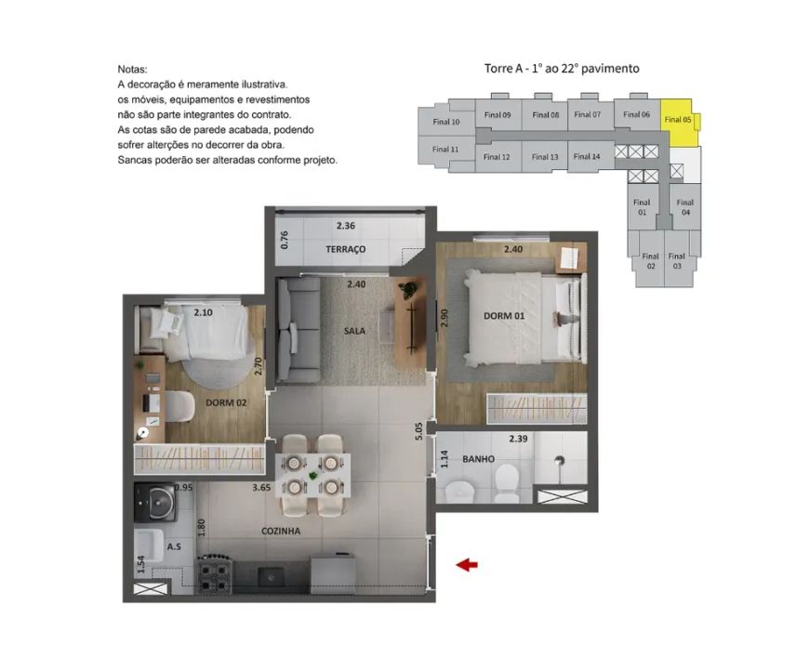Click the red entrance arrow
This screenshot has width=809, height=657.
point(467,565)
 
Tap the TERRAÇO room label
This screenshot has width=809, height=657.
point(345,249)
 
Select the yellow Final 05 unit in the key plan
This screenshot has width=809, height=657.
point(679,123)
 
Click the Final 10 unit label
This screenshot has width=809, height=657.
point(445,122)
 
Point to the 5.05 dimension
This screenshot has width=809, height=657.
point(418,430)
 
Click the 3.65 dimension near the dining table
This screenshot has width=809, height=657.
point(261,487)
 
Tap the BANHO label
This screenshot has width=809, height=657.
point(478,458)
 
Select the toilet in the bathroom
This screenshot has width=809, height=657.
point(506,482)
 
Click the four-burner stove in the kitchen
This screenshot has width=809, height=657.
point(214,575)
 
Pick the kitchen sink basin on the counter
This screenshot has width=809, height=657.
point(271,575)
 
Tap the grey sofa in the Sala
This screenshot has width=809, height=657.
point(298,331)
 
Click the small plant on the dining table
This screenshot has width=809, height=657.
point(312,476)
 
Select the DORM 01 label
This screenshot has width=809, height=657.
point(504,316)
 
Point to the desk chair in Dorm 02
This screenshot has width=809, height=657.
point(179,406)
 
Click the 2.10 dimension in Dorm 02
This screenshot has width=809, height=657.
point(204,312)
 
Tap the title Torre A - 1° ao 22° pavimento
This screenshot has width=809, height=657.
point(562,69)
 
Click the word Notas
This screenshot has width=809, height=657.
point(132,69)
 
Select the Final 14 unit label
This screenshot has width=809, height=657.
point(587,156)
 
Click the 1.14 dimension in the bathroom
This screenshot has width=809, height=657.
point(444,459)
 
